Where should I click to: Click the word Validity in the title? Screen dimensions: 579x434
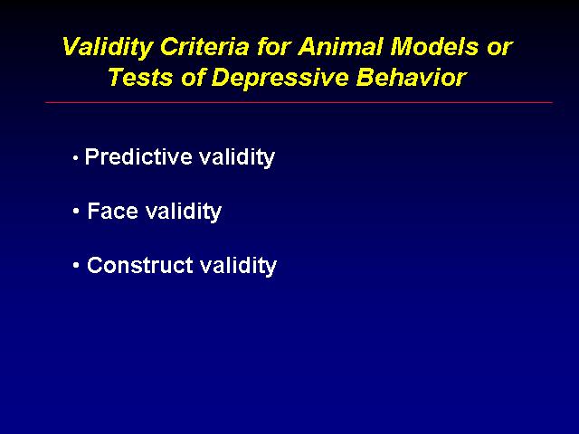pyautogui.click(x=108, y=48)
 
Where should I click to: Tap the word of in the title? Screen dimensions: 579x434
pyautogui.click(x=193, y=77)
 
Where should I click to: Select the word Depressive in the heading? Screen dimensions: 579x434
pyautogui.click(x=280, y=79)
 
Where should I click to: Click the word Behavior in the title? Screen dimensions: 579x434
pyautogui.click(x=412, y=78)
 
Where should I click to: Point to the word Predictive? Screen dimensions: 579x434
pyautogui.click(x=138, y=156)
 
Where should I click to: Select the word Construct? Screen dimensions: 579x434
pyautogui.click(x=140, y=265)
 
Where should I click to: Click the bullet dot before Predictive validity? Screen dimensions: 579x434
pyautogui.click(x=76, y=159)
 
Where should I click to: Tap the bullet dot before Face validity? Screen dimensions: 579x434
pyautogui.click(x=76, y=212)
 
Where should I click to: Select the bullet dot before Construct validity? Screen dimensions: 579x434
pyautogui.click(x=76, y=265)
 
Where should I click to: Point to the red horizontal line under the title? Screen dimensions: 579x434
pyautogui.click(x=299, y=102)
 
